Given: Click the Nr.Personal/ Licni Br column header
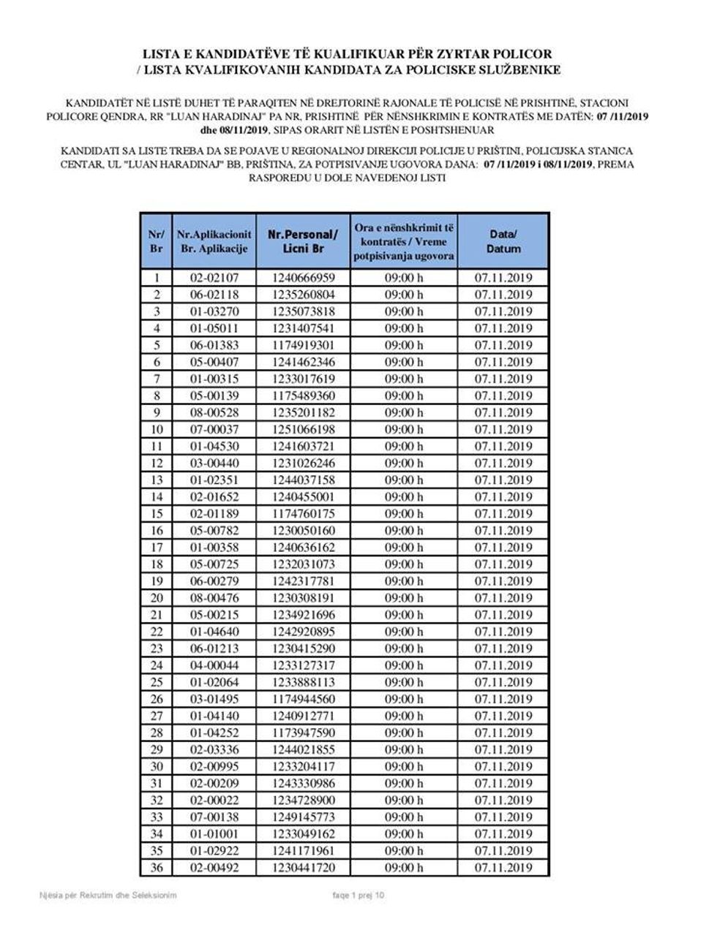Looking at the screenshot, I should click(303, 241).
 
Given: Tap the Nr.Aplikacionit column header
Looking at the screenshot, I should click(214, 241).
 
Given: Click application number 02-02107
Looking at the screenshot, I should click(214, 278).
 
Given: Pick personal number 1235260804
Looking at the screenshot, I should click(303, 295).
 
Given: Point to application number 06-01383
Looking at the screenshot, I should click(214, 345).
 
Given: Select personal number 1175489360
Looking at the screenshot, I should click(303, 396).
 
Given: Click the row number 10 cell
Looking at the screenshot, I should click(156, 429).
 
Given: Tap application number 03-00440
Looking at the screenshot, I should click(214, 463).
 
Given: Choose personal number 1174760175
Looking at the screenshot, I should click(303, 513).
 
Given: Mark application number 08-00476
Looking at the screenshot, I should click(214, 598).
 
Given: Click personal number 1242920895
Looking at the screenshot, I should click(303, 632).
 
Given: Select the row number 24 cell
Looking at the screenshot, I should click(156, 665).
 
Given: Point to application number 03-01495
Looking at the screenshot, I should click(214, 699).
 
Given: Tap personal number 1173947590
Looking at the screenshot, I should click(303, 733).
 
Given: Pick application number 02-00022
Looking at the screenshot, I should click(214, 801).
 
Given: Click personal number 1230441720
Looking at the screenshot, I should click(303, 868).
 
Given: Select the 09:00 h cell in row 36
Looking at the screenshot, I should click(404, 868).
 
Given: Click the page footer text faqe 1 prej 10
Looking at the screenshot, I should click(358, 896).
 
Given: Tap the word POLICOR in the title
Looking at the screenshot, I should click(524, 54).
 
